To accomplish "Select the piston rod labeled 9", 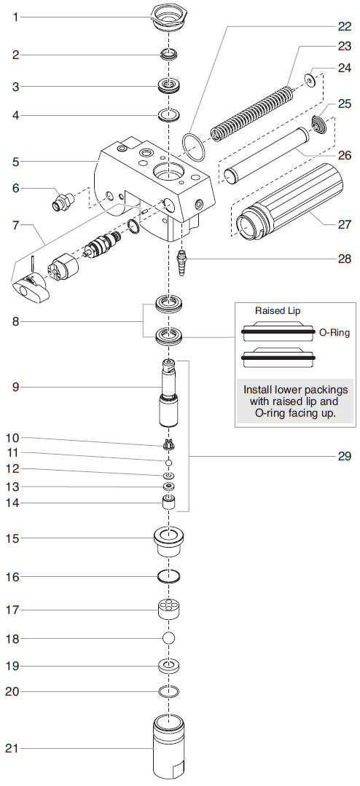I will (x=168, y=398).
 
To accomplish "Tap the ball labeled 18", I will (x=169, y=638).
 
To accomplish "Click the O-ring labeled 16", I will (x=169, y=576).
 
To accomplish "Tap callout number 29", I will (x=344, y=457).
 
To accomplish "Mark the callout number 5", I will (x=15, y=160).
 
